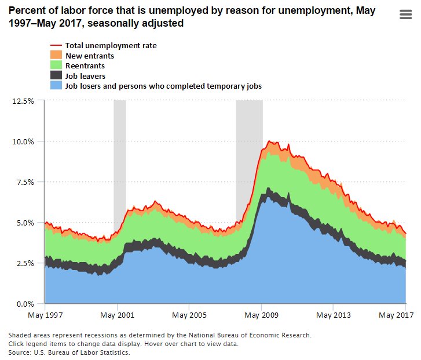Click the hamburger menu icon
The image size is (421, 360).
point(405,15)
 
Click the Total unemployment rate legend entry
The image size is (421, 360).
point(111,45)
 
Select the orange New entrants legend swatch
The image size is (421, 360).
point(56,56)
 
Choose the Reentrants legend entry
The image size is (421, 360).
point(85,66)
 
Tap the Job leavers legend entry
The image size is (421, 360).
point(85,76)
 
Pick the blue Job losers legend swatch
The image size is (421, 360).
point(56,86)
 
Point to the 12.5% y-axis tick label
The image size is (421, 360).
point(23,101)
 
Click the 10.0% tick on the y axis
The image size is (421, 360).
point(23,141)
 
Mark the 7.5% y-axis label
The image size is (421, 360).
point(24,182)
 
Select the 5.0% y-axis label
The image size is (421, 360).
point(24,223)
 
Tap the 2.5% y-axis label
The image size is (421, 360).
point(24,263)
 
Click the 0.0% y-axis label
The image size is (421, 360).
point(24,304)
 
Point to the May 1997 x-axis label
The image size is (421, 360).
point(45,316)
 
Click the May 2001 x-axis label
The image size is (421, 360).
point(117,316)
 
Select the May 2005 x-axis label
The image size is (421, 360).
point(189,316)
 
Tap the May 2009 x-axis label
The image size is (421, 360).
point(261,316)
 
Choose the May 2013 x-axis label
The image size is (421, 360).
point(333,316)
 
